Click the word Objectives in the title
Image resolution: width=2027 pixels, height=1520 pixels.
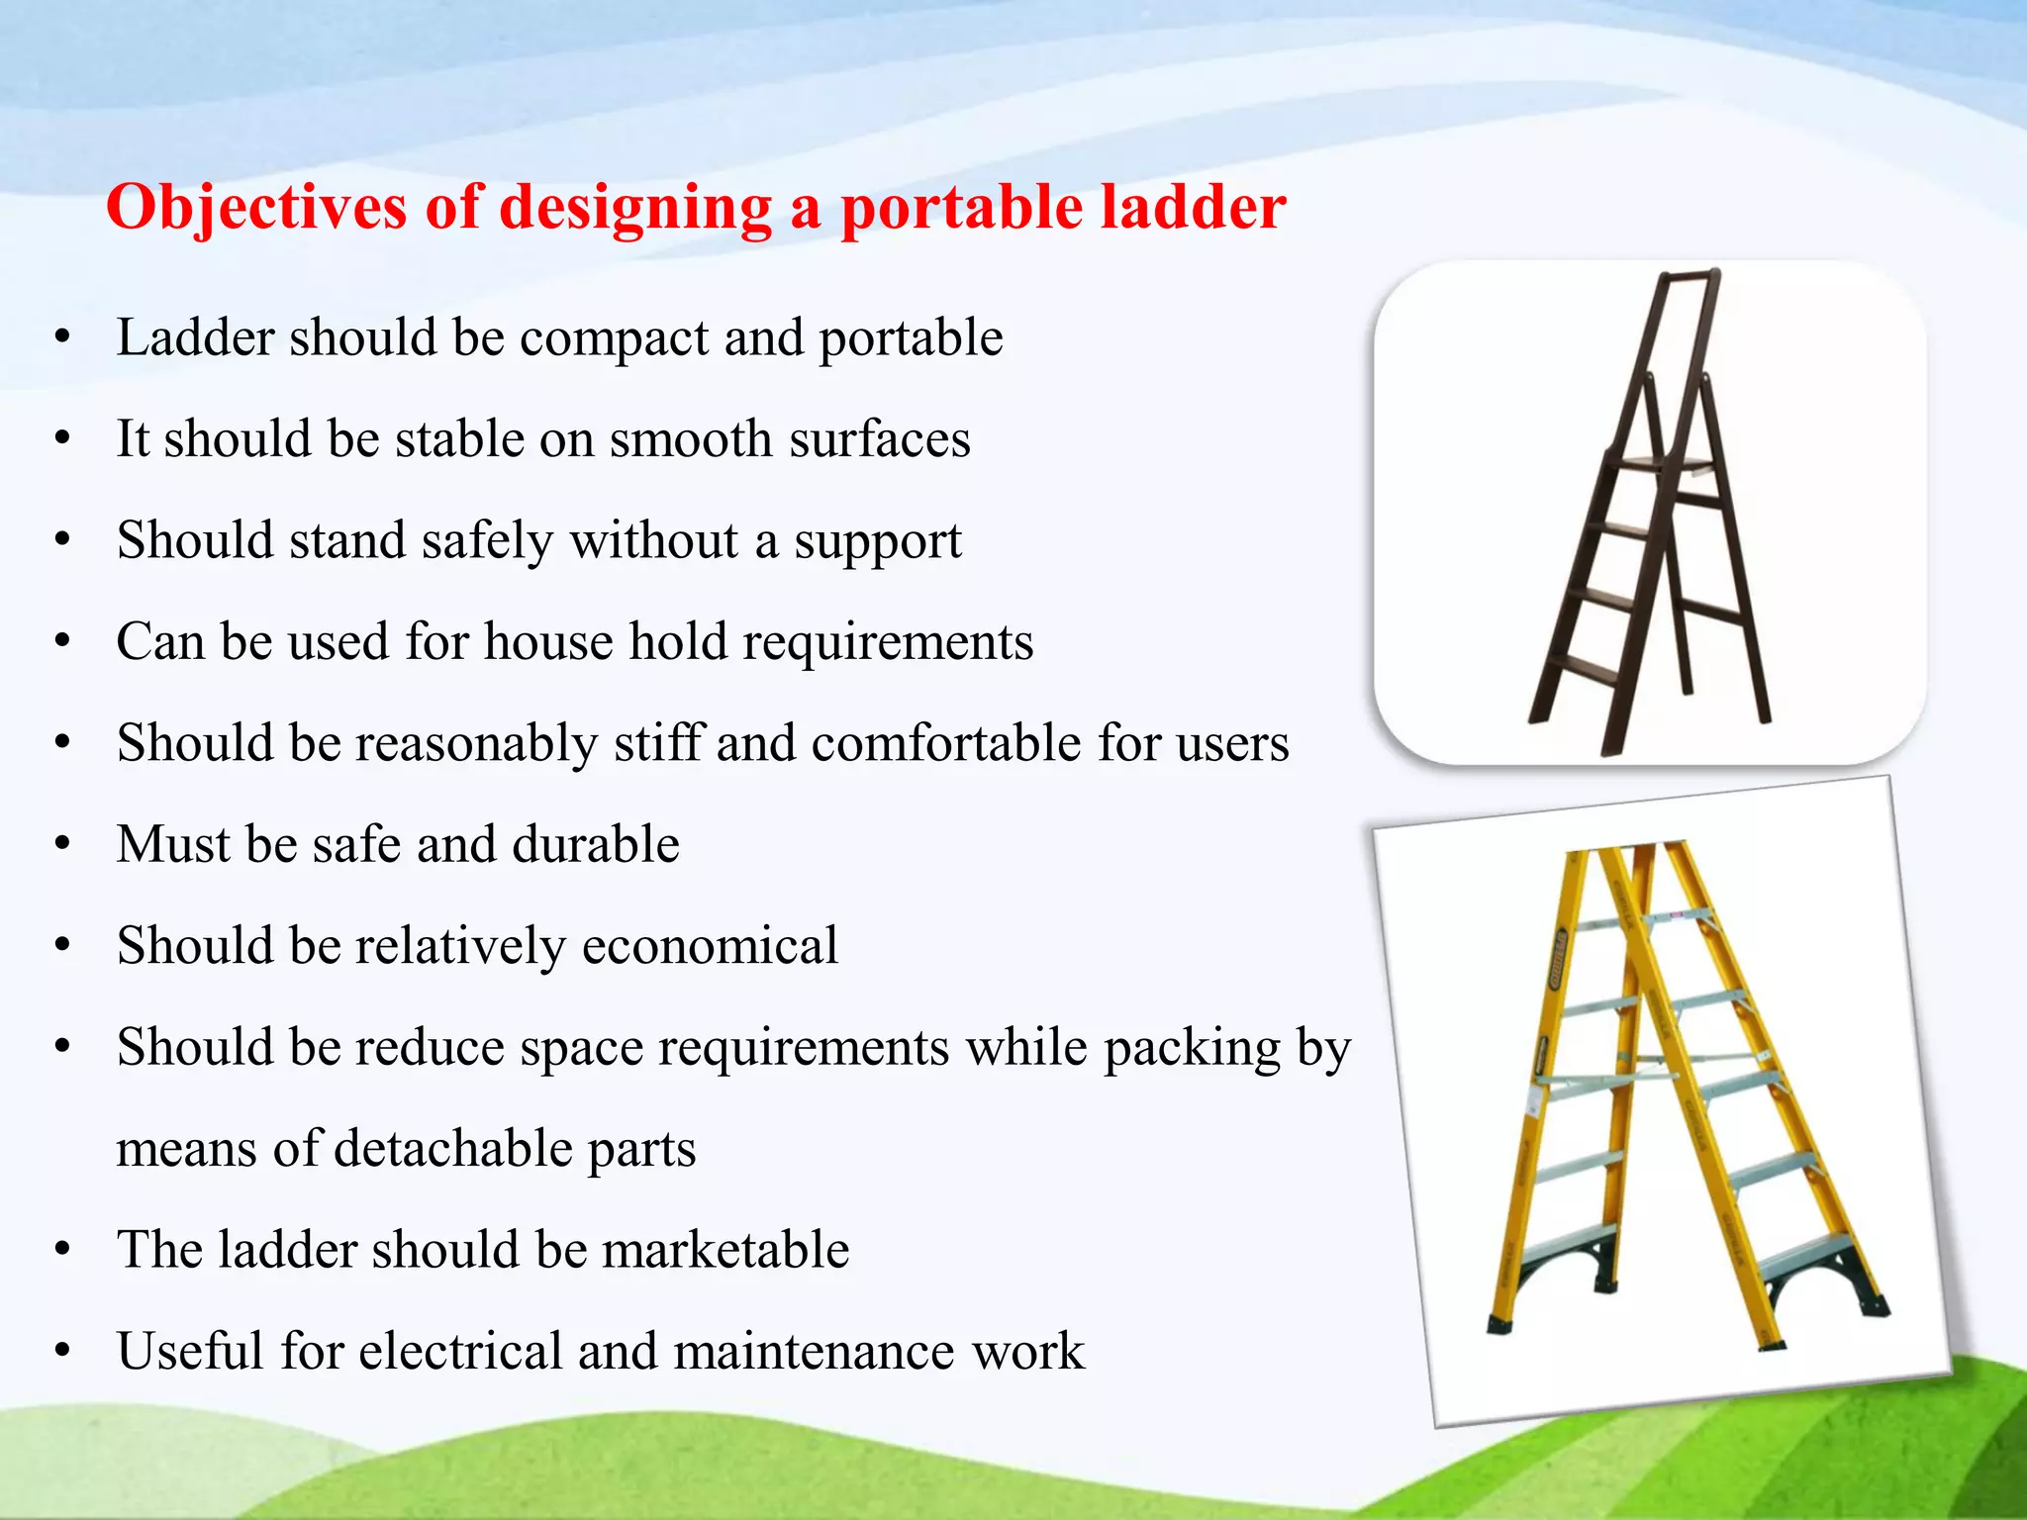coord(256,208)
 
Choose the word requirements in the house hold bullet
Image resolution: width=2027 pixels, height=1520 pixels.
coord(888,643)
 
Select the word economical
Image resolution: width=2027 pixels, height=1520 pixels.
coord(710,946)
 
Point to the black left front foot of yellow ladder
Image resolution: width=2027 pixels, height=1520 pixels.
coord(1500,1324)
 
